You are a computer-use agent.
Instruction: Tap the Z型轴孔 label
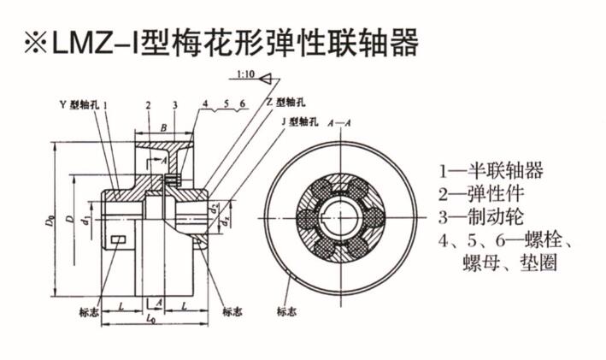coord(281,102)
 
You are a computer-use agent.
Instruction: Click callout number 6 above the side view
coord(243,103)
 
